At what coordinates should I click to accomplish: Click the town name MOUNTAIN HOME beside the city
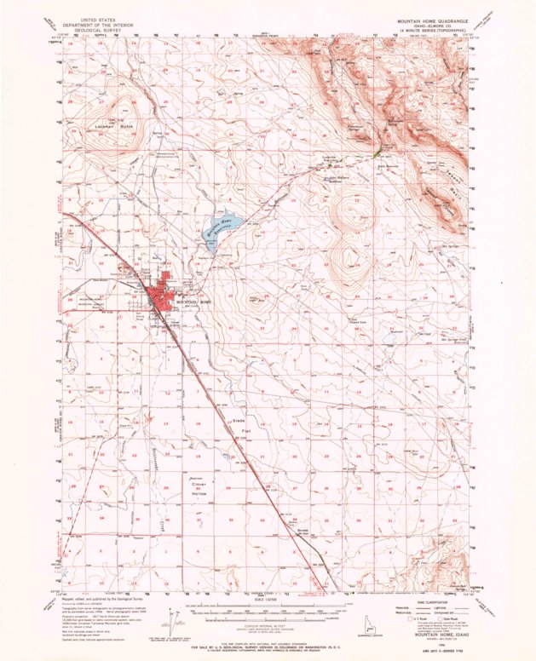click(x=188, y=302)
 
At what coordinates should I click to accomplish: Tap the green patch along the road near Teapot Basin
click(x=377, y=150)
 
